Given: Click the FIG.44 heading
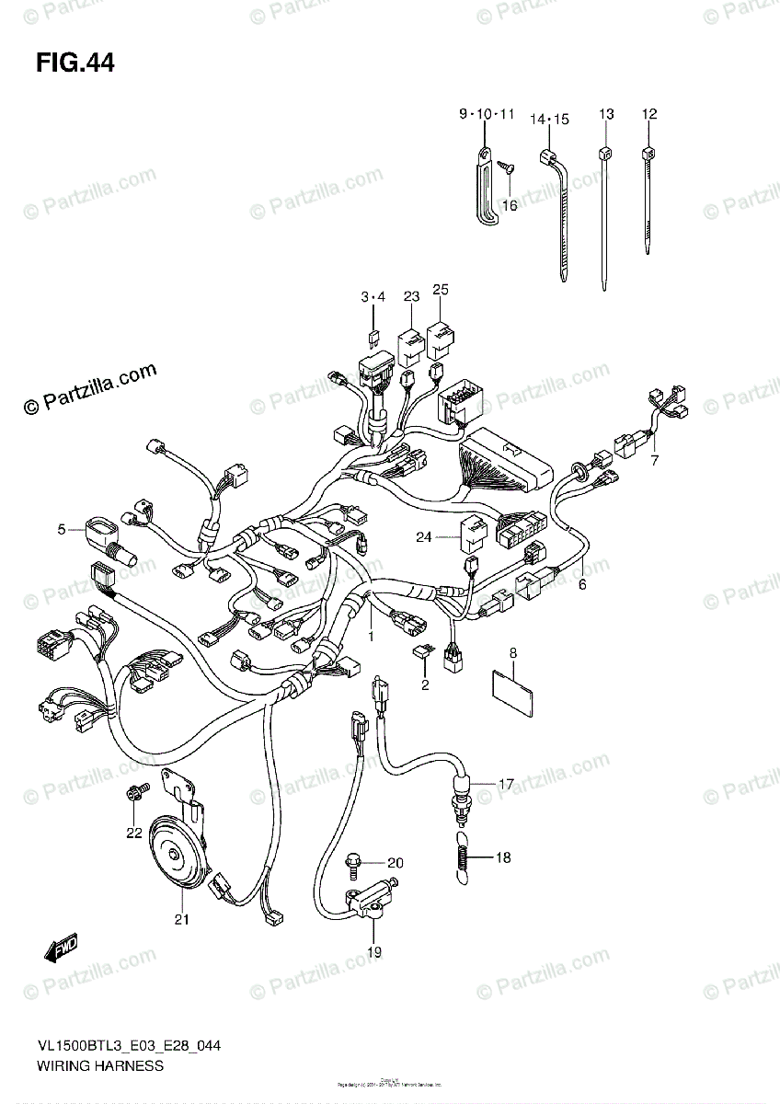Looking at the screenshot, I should (75, 63).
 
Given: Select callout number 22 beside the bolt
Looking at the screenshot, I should (134, 834).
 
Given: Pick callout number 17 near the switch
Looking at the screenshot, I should (506, 785).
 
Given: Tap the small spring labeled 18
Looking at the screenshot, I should (465, 859).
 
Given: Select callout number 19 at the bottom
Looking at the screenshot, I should (373, 951).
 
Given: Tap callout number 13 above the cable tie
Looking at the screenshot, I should (605, 115).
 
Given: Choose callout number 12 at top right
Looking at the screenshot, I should (649, 115).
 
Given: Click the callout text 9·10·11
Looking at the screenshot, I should (487, 115).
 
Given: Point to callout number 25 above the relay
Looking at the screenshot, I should (441, 291).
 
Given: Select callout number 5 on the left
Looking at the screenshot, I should (61, 530).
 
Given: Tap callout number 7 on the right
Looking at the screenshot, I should (654, 460).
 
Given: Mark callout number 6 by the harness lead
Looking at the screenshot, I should (581, 583).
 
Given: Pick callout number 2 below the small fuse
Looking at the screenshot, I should (425, 685).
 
